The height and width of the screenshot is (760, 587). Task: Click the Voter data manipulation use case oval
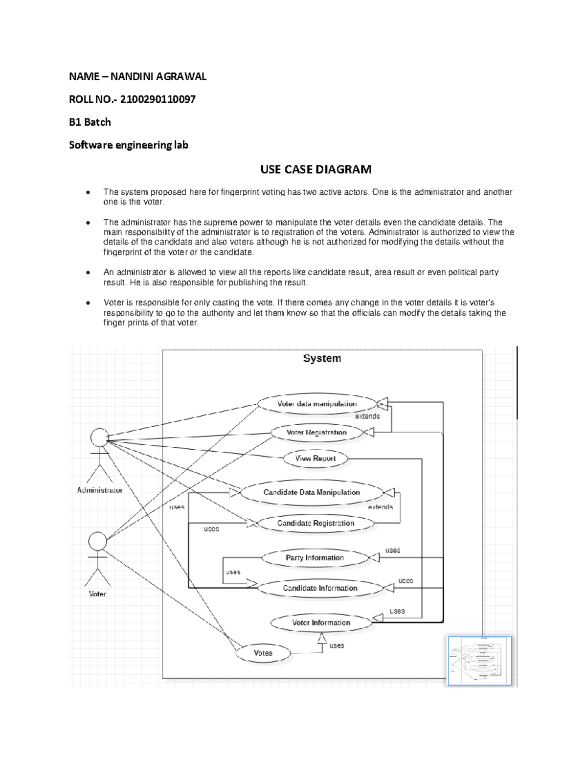[x=317, y=404]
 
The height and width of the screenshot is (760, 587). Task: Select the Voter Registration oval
[x=316, y=433]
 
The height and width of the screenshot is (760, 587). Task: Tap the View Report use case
[x=316, y=459]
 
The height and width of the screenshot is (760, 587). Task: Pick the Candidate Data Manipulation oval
[x=312, y=492]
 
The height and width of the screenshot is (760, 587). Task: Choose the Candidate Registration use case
[x=316, y=523]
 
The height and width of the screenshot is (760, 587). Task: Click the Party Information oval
[x=315, y=558]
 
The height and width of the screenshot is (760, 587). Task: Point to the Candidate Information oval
[x=320, y=588]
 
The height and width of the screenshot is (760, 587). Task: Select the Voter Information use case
[x=321, y=623]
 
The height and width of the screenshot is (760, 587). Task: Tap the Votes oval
[x=263, y=653]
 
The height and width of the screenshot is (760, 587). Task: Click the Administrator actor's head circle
[x=99, y=437]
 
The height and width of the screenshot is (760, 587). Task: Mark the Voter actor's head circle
[x=97, y=541]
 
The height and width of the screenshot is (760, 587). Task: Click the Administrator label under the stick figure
[x=100, y=490]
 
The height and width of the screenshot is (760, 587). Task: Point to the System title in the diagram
[x=322, y=359]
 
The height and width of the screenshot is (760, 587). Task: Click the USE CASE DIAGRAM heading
[x=316, y=170]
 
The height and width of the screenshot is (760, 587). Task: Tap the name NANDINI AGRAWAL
[x=158, y=76]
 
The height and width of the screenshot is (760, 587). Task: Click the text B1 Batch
[x=90, y=122]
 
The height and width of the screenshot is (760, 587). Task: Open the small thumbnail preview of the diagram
[x=479, y=661]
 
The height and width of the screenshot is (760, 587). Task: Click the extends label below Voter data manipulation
[x=367, y=416]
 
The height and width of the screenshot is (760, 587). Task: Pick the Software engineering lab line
[x=128, y=145]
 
